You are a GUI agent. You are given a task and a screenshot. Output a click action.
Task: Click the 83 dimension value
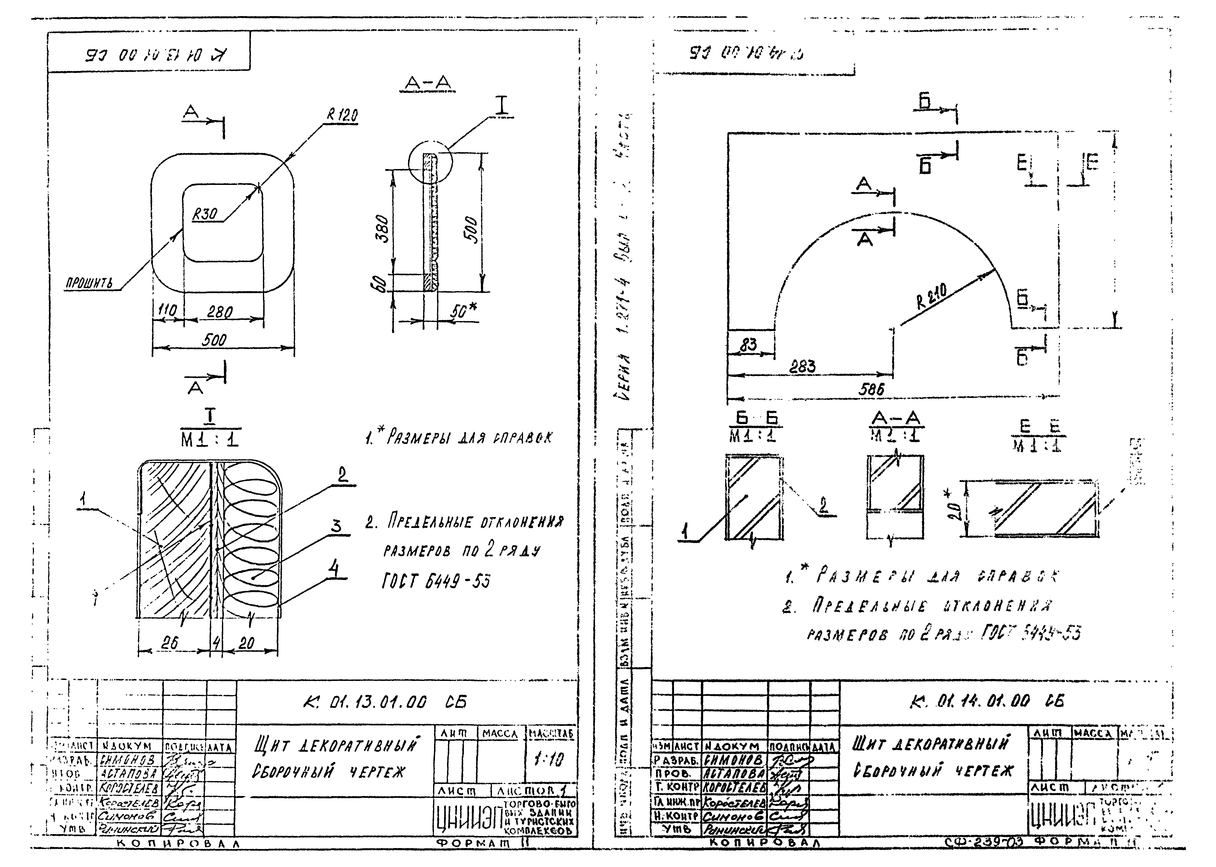point(748,345)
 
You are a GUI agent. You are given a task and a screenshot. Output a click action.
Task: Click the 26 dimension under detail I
point(170,644)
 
